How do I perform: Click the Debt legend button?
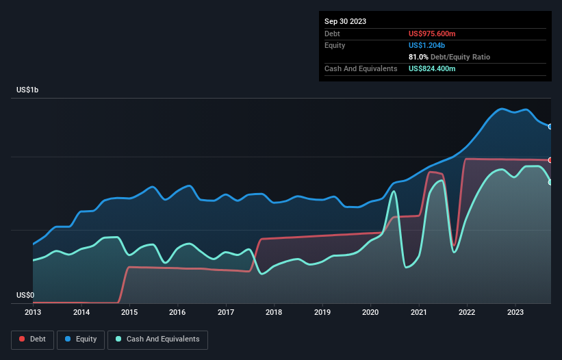tap(31, 339)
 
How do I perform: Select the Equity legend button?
tap(81, 339)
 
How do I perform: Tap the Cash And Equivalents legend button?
tap(157, 339)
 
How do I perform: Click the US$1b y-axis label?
tap(30, 90)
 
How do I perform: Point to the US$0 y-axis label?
tap(25, 296)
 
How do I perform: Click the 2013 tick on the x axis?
tap(33, 312)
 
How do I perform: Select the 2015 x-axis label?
tap(129, 312)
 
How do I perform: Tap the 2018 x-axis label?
tap(274, 312)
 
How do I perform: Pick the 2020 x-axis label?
tap(370, 312)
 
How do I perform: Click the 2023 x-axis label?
tap(515, 312)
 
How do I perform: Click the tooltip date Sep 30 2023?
tap(345, 21)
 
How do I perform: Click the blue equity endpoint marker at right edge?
tap(550, 127)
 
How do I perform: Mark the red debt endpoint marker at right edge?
tap(550, 160)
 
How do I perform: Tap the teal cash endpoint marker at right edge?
tap(550, 182)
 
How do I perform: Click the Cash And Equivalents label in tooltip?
tap(361, 68)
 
